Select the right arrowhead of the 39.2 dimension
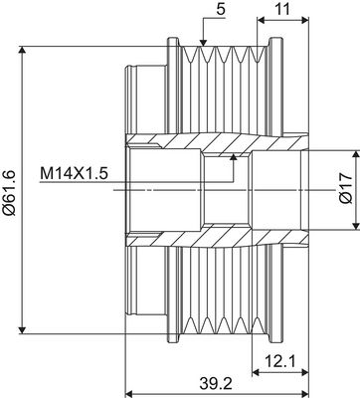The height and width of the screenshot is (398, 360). (x=300, y=376)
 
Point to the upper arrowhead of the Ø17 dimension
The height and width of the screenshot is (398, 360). (x=353, y=152)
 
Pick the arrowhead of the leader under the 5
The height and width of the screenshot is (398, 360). (x=202, y=44)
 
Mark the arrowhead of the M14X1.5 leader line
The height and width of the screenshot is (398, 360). (x=234, y=153)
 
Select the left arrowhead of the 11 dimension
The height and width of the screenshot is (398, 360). (x=261, y=21)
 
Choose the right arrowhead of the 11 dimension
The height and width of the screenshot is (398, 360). (x=300, y=21)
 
